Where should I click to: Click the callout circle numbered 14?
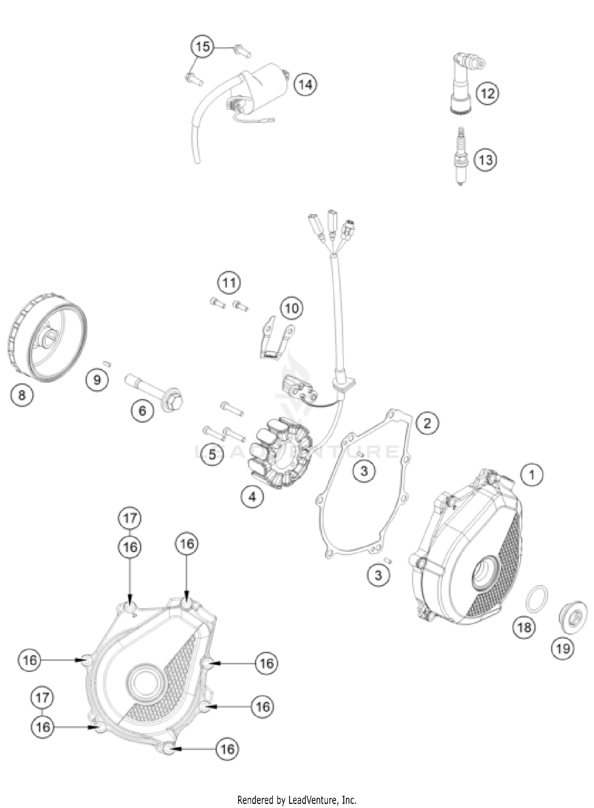point(305,84)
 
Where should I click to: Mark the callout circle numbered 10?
point(292,308)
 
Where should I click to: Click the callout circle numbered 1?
point(532,474)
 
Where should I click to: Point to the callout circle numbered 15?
point(202,47)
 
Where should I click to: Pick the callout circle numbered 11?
point(229,283)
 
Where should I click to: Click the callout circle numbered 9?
point(97,380)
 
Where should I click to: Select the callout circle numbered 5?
point(213,454)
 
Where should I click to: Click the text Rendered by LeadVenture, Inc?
point(297,800)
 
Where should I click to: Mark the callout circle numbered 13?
point(486,160)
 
